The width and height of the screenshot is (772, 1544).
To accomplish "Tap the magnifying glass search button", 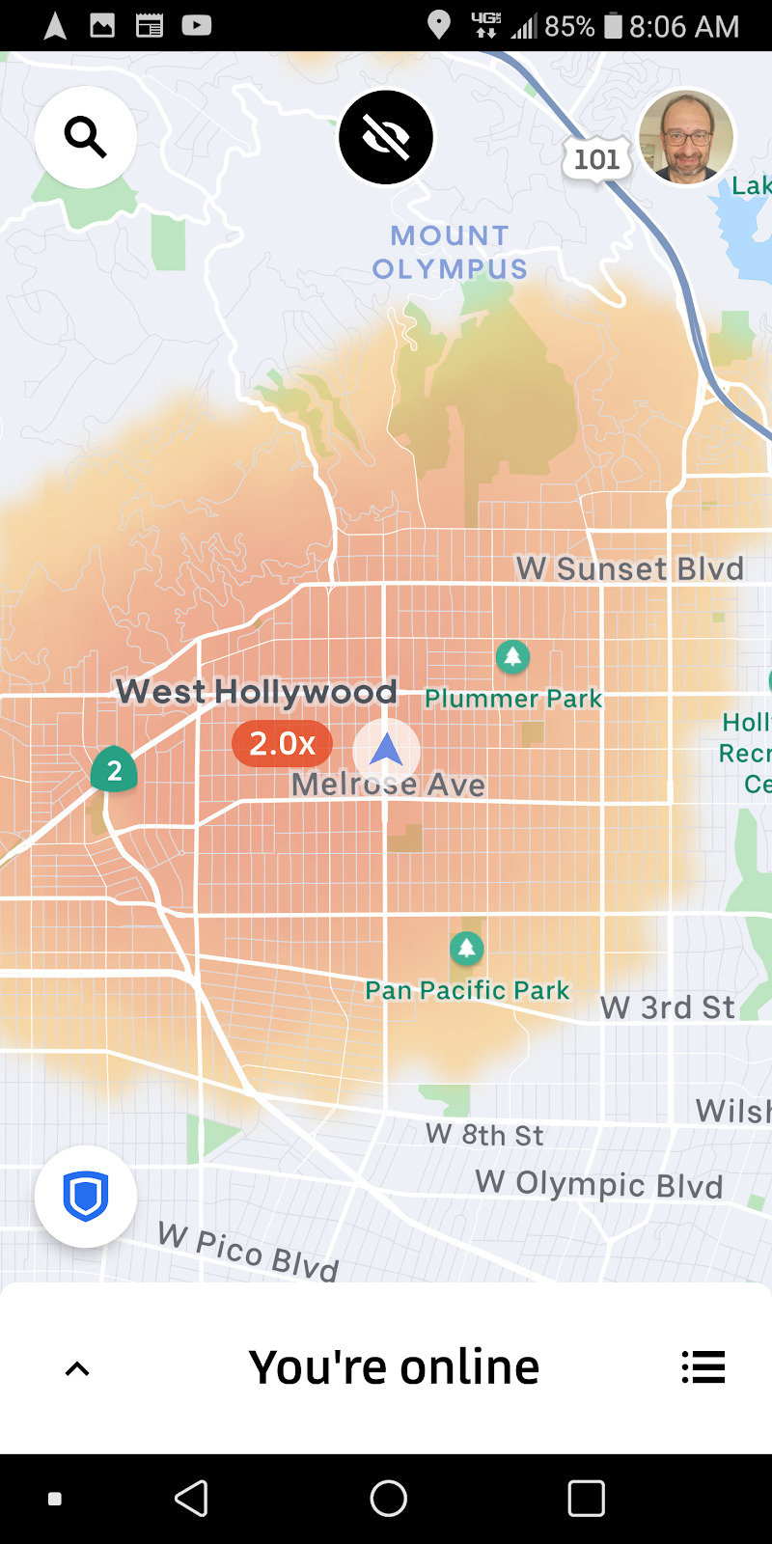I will [x=85, y=137].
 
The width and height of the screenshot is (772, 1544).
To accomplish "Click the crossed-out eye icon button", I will [x=386, y=137].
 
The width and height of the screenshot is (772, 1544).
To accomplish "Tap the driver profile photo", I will [x=686, y=137].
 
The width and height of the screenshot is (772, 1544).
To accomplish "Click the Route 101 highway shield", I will [x=596, y=159].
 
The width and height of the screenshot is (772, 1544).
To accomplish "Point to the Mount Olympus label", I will [x=450, y=252].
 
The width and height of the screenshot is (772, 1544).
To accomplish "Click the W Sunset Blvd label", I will [x=629, y=568].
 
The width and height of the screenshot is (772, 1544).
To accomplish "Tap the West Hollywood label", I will [x=257, y=691].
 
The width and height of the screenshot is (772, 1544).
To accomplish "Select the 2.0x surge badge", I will [x=282, y=743].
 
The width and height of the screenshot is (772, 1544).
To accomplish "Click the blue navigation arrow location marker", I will [x=386, y=749].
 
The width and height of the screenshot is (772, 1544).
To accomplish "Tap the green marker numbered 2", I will [x=114, y=770].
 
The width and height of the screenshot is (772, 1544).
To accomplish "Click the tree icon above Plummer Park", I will [x=512, y=657].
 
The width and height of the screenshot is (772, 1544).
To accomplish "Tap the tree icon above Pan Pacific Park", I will [x=467, y=949].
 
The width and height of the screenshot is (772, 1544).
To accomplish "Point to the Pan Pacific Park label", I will [x=467, y=990].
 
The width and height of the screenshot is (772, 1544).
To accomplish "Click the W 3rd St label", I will [x=667, y=1007].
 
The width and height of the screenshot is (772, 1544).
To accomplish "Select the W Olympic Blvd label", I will [x=599, y=1184].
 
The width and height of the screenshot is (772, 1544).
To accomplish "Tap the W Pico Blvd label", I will [x=248, y=1251].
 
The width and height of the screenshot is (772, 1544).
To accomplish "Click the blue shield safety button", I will [x=85, y=1197].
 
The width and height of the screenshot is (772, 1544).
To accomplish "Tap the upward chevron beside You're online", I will [x=77, y=1368].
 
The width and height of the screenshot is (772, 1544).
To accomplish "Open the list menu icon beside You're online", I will [x=703, y=1367].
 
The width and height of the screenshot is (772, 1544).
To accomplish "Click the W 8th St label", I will [x=484, y=1135].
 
